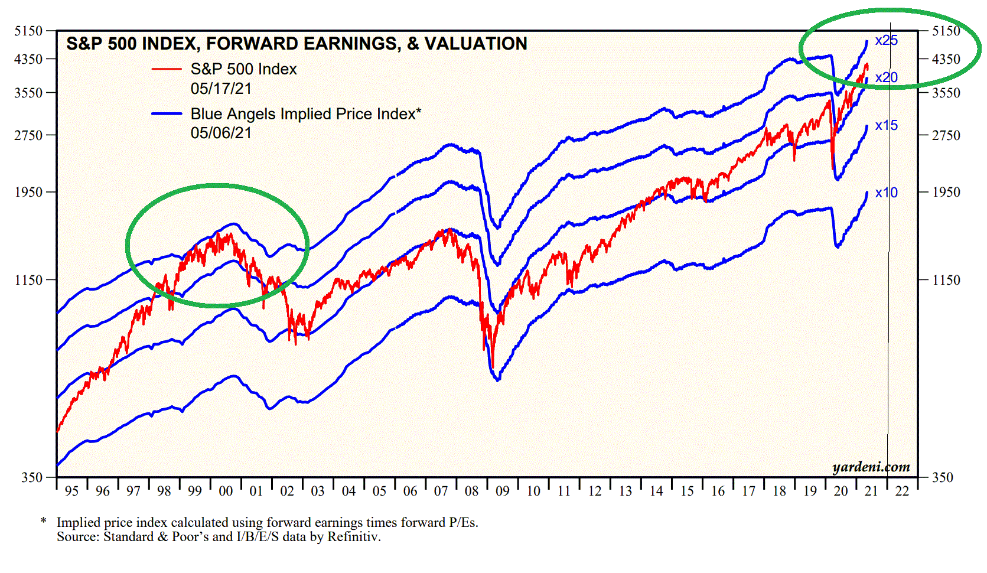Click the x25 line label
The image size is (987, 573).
[x=886, y=41]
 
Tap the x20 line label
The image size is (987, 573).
[x=886, y=77]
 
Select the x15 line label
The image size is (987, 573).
[x=886, y=126]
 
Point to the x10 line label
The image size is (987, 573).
[x=886, y=193]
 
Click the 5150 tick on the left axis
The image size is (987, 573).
[x=28, y=31]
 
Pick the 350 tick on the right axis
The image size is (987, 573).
[x=942, y=477]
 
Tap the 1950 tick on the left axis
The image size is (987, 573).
[x=28, y=192]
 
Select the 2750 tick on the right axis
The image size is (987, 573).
[x=946, y=135]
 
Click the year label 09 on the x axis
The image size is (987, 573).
[x=502, y=491]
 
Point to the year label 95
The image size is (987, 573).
[x=71, y=491]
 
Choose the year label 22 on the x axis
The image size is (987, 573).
[x=902, y=491]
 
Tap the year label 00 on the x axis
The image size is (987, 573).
[x=226, y=491]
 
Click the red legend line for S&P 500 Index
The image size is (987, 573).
[x=166, y=69]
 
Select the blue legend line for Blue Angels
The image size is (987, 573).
[x=166, y=113]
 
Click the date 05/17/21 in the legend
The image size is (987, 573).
[x=221, y=89]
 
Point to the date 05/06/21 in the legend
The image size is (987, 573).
[x=221, y=133]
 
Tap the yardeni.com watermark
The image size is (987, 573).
[x=871, y=467]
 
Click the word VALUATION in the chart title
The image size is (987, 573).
[x=475, y=44]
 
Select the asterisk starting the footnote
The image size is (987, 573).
[x=44, y=522]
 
